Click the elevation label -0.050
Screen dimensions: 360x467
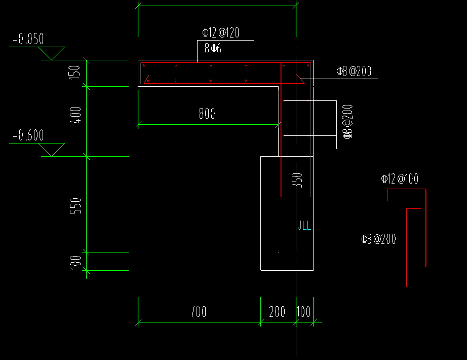click(x=29, y=39)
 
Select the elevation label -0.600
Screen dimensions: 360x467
click(x=29, y=135)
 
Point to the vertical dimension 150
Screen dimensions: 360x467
click(x=75, y=73)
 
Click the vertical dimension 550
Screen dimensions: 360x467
click(x=75, y=205)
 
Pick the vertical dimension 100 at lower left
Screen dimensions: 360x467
click(x=75, y=262)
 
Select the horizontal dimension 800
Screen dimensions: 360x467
click(x=207, y=114)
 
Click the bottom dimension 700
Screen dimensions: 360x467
click(x=198, y=311)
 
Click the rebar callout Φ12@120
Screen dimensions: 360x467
click(x=220, y=33)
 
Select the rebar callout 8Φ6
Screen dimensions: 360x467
click(x=213, y=49)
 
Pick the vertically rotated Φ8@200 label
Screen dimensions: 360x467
click(x=348, y=122)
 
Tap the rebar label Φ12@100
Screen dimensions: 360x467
click(x=400, y=179)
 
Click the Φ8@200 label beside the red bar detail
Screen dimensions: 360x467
click(x=378, y=239)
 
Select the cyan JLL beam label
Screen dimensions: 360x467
click(x=304, y=226)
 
